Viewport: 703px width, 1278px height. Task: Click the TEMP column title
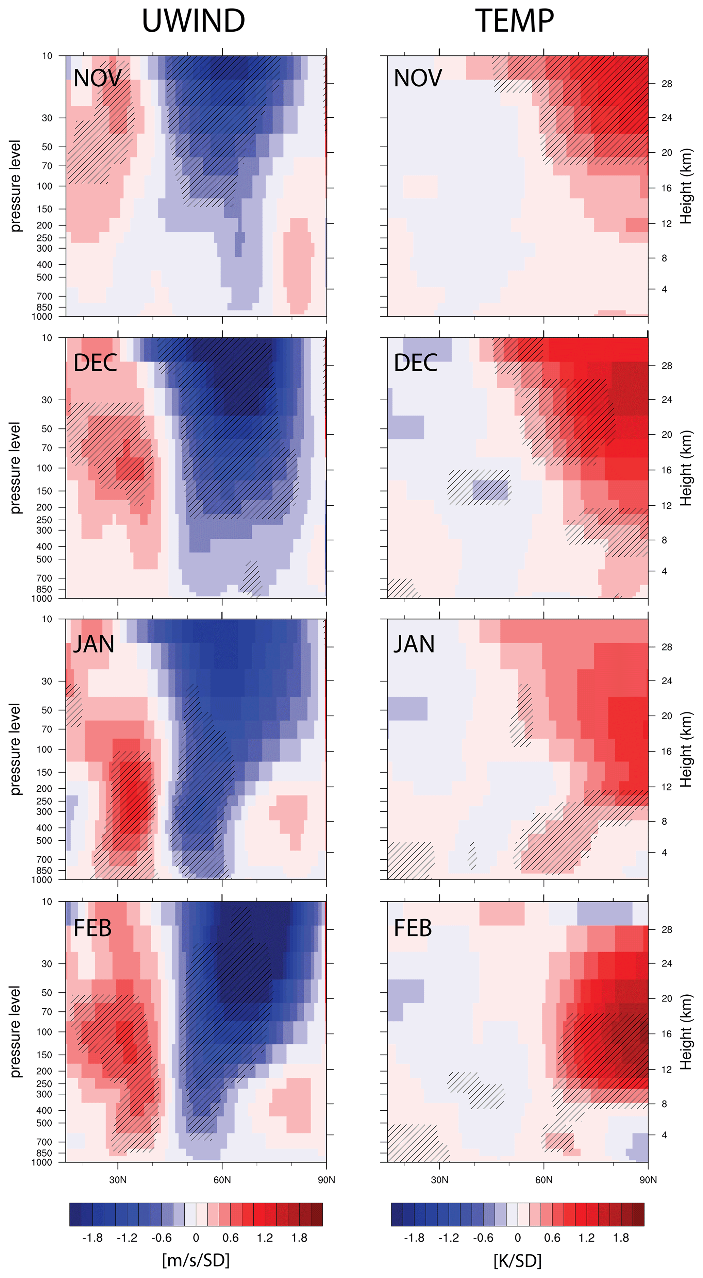tap(515, 21)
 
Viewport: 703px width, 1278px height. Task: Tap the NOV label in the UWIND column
tap(97, 78)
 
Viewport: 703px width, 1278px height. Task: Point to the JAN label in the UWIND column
tap(94, 644)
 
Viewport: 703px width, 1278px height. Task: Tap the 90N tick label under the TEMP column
tap(648, 1179)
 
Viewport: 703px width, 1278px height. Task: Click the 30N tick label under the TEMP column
tap(439, 1179)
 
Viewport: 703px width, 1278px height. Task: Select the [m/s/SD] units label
tap(196, 1260)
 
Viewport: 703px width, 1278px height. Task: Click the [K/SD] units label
tap(517, 1260)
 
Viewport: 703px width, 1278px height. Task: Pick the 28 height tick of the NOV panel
tap(667, 84)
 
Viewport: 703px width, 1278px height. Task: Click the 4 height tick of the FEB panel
tap(664, 1134)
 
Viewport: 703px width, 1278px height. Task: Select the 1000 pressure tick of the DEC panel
tap(42, 598)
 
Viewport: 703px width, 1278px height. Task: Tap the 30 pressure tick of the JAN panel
tap(47, 681)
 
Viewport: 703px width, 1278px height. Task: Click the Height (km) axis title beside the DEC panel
tap(686, 468)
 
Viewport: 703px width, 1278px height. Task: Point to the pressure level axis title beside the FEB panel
tap(15, 1032)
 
